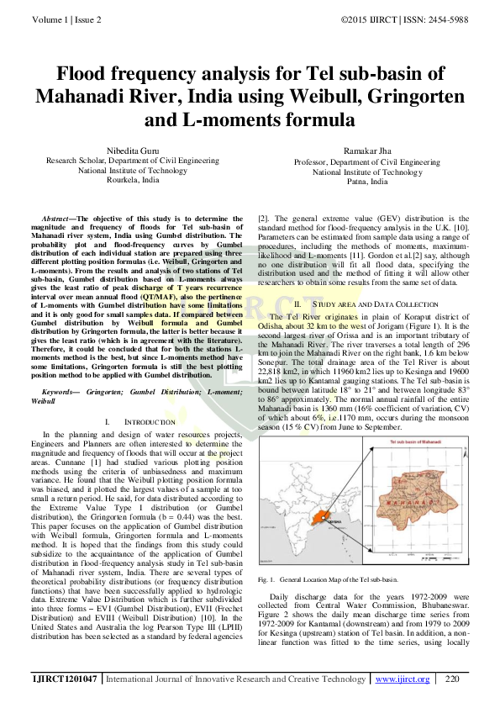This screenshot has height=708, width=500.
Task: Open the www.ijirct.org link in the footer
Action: pos(402,679)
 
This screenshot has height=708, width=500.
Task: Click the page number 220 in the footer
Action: pos(452,679)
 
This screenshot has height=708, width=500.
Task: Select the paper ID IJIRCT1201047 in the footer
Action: pos(65,679)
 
